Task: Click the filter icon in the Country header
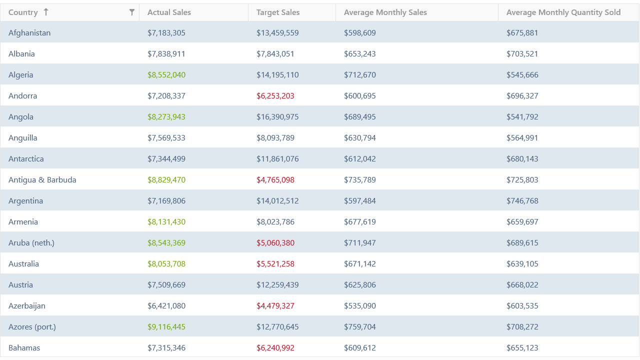coord(131,12)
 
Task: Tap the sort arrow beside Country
coord(46,12)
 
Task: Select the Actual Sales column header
coord(169,12)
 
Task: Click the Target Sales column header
coord(278,12)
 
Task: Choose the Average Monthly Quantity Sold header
coord(563,12)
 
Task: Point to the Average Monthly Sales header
coord(385,12)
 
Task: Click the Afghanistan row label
coord(29,33)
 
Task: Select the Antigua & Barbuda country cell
coord(42,180)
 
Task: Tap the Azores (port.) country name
coord(32,327)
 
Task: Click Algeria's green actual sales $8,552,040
coord(166,75)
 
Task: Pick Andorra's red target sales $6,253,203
coord(275,96)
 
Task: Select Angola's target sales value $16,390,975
coord(277,117)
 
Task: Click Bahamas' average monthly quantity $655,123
coord(522,348)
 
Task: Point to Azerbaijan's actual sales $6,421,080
coord(166,306)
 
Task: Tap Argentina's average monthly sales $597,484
coord(359,201)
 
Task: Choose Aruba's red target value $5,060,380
coord(275,243)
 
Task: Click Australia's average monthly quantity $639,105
coord(522,264)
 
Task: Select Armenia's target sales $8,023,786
coord(275,222)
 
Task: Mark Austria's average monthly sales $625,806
coord(359,285)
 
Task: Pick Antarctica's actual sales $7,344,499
coord(166,159)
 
